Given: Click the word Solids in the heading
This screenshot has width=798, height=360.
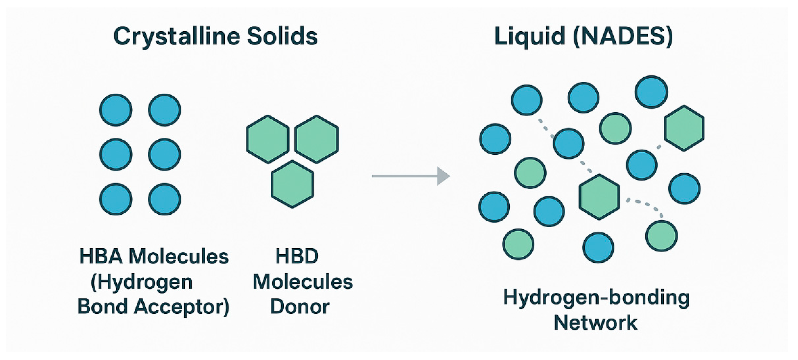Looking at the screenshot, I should click(x=282, y=36).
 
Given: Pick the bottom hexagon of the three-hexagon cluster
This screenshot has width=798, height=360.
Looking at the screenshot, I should click(x=292, y=184).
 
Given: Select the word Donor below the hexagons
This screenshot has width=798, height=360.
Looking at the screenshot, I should click(x=299, y=307).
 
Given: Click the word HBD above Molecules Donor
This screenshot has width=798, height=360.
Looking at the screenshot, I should click(x=297, y=257).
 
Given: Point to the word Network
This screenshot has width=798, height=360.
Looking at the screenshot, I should click(x=595, y=323).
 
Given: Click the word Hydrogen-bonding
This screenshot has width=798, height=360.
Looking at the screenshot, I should click(x=596, y=298).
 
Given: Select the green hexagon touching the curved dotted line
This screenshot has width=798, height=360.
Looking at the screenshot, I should click(x=599, y=197).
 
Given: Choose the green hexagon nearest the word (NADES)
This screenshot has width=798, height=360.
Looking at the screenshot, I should click(x=684, y=128).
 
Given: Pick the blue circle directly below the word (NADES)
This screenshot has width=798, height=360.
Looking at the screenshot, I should click(x=651, y=92).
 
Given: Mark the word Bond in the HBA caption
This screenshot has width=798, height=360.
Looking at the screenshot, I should click(x=102, y=307).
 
